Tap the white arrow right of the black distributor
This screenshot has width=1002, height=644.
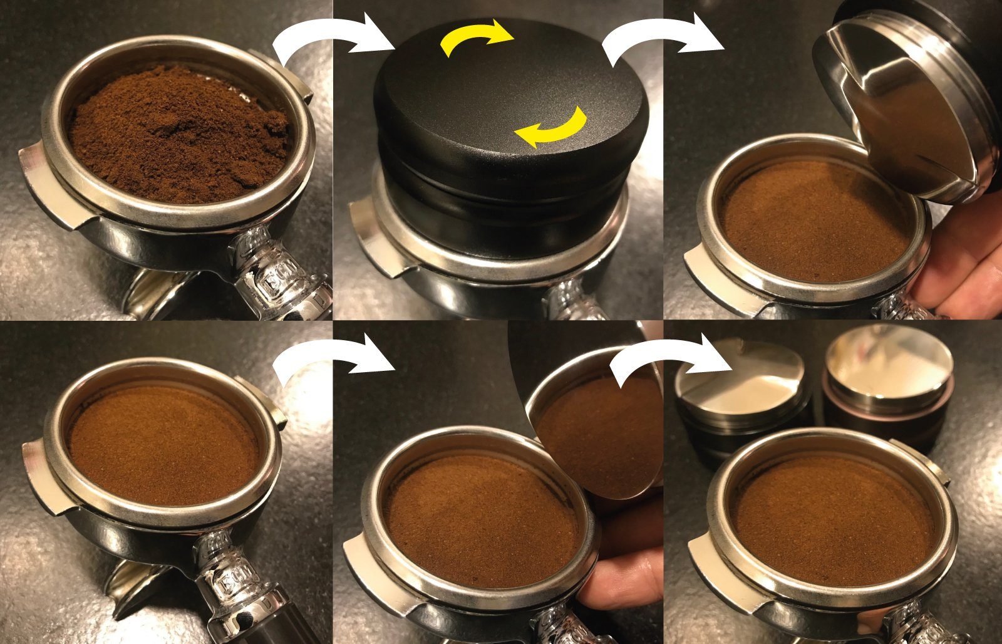pyautogui.click(x=661, y=38)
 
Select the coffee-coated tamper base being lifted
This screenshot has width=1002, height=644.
pyautogui.click(x=595, y=432)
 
